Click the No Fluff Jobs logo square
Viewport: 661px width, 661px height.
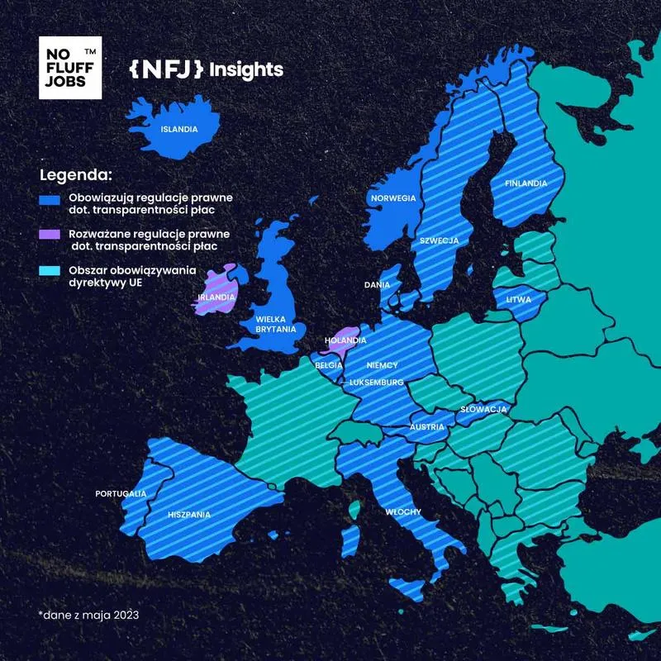click(70, 68)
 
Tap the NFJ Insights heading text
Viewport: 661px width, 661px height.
click(206, 69)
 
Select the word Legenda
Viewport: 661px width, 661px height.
click(75, 176)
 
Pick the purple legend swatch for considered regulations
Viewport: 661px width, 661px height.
click(50, 235)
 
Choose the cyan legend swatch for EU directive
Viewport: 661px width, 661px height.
click(50, 272)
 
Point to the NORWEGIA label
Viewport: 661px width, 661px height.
click(392, 198)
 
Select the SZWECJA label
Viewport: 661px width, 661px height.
click(439, 240)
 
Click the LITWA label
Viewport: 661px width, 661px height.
click(519, 300)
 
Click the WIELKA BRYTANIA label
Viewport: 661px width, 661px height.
click(276, 323)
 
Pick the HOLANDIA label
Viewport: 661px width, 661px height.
click(345, 340)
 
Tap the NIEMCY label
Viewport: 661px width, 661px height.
click(383, 365)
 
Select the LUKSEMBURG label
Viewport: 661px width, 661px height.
click(376, 383)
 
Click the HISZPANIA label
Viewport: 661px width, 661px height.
click(188, 514)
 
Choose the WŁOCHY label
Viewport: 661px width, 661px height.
click(403, 512)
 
